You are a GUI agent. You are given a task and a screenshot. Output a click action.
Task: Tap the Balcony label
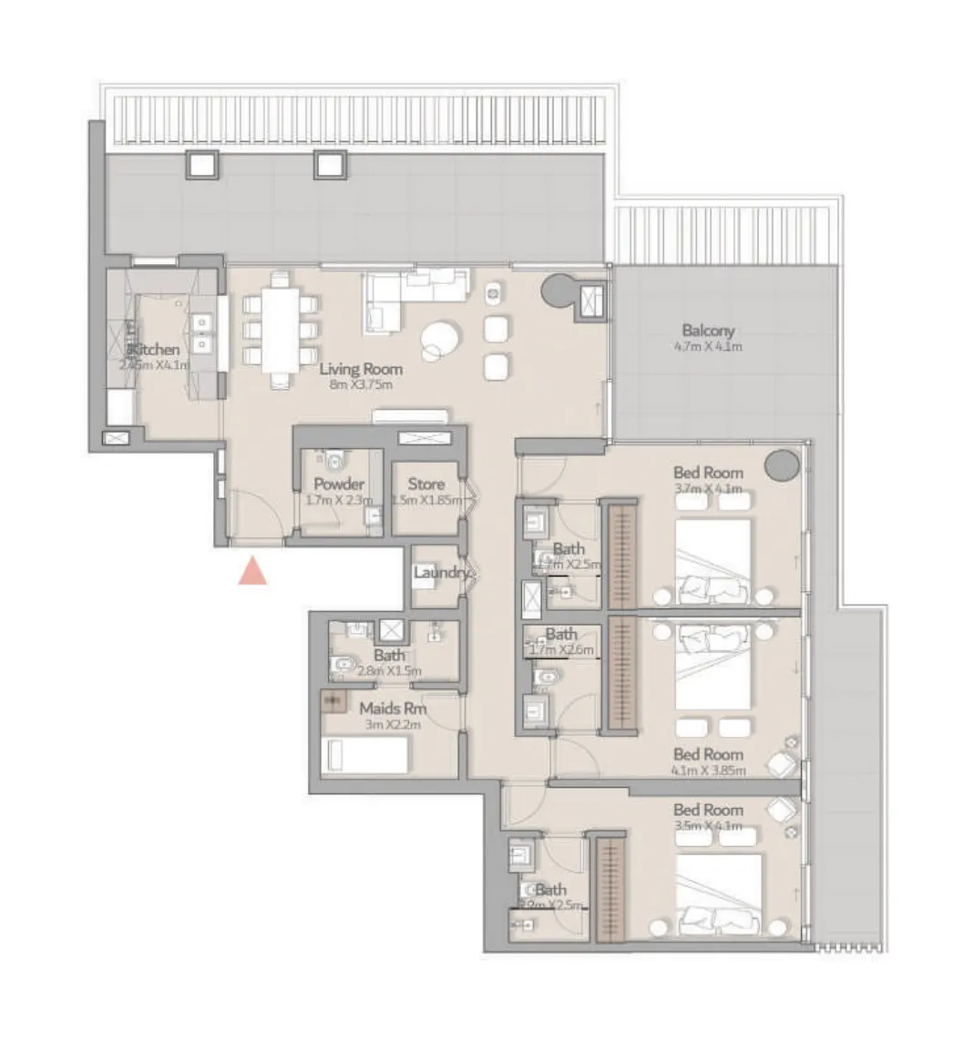pos(708,331)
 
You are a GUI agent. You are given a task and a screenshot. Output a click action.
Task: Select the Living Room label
pos(361,369)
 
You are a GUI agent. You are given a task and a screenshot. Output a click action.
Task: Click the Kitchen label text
pos(155,349)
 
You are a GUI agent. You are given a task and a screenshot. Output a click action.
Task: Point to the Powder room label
pos(339,485)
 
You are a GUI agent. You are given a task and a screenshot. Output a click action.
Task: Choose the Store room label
pos(425,485)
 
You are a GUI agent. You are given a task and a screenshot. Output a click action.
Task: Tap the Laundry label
pos(442,573)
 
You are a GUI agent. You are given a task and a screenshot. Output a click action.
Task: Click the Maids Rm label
pos(392,708)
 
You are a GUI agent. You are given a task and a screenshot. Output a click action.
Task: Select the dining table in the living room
pos(281,330)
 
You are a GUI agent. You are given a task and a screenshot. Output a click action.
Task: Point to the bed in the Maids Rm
pos(366,756)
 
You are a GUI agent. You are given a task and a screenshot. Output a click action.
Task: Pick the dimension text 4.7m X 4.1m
pos(708,347)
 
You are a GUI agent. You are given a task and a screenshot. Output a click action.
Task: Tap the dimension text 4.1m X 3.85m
pos(708,770)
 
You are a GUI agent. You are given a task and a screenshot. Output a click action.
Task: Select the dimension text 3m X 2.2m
pos(393,724)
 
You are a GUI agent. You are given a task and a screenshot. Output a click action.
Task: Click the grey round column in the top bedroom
pos(781,465)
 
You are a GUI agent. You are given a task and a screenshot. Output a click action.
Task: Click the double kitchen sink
pos(202,332)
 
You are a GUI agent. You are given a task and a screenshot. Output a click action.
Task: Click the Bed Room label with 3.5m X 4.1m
pos(708,810)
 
